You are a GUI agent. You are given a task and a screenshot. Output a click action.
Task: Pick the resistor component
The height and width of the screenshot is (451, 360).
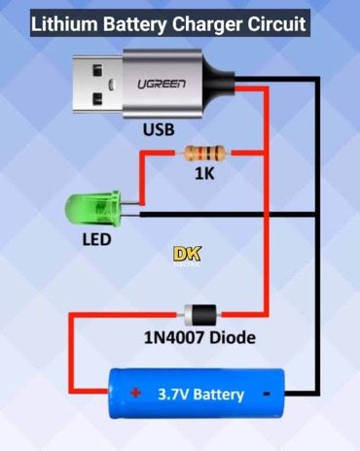[x=203, y=153]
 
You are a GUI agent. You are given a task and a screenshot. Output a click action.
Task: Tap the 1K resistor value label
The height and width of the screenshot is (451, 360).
[x=202, y=176]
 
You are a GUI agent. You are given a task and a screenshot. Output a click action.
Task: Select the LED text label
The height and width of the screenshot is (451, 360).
[x=96, y=239]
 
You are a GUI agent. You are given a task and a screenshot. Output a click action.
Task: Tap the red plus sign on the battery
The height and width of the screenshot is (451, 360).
[x=134, y=394]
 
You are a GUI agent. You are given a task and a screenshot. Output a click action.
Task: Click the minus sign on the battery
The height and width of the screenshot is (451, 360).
[x=265, y=395]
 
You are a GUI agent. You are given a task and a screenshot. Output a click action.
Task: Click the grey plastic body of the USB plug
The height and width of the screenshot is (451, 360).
[x=185, y=86]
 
